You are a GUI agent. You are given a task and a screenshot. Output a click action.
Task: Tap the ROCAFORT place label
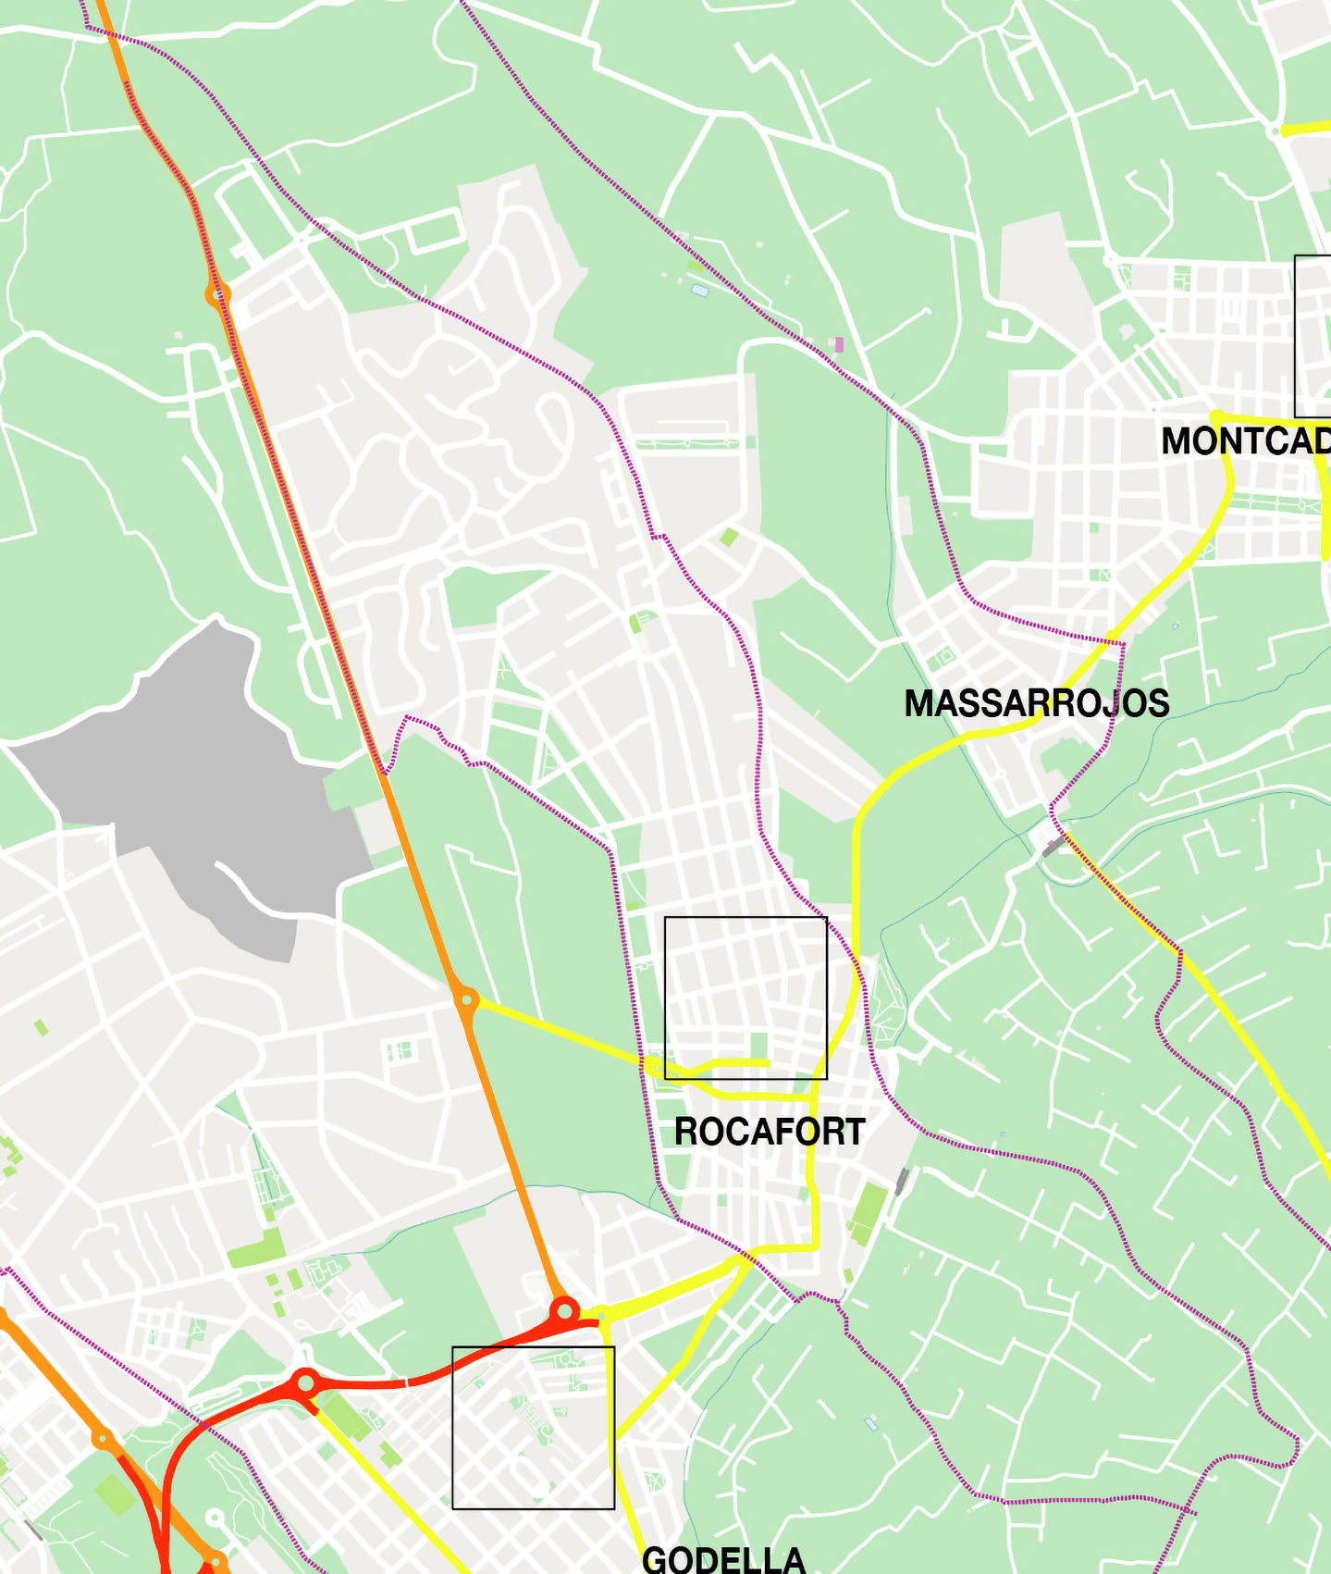[769, 1132]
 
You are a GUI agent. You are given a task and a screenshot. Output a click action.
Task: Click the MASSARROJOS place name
[1036, 703]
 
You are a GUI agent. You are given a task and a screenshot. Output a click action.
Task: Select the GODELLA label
[723, 1560]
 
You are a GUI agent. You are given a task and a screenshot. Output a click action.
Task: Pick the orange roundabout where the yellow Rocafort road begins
[466, 1000]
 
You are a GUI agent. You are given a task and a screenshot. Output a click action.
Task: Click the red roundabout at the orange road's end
[564, 1311]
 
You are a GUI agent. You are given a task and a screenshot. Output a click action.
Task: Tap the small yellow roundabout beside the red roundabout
[602, 1314]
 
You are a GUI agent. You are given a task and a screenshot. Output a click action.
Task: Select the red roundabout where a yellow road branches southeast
[305, 1384]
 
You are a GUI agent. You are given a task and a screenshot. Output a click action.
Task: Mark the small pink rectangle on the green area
[839, 344]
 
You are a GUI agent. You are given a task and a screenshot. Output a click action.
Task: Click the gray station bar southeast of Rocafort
[902, 1181]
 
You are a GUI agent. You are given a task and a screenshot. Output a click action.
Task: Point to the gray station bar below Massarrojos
[1054, 846]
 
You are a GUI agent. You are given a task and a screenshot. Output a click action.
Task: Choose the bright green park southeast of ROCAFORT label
[869, 1213]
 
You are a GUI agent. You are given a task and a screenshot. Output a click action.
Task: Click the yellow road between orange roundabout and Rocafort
[555, 1032]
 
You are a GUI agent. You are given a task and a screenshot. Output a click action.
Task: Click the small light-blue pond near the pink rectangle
[700, 291]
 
